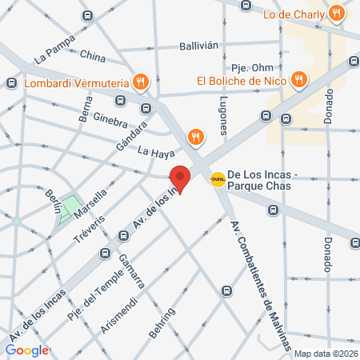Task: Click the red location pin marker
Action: pos(180,178)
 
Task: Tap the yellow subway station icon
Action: pos(217,178)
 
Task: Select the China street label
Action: pos(92,57)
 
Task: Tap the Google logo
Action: pos(26,350)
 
